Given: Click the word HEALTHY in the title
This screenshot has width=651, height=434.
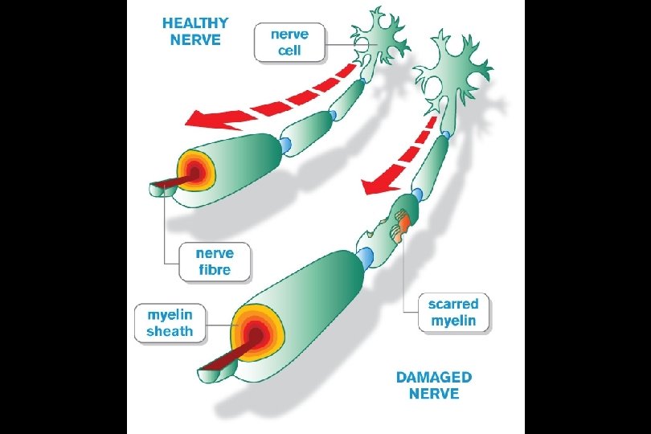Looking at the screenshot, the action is click(195, 23).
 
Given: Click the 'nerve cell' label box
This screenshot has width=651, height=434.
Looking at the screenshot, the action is click(289, 43).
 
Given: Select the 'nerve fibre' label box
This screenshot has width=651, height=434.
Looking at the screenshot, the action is click(214, 262).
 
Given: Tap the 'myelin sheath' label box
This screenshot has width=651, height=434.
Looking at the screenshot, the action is click(170, 322).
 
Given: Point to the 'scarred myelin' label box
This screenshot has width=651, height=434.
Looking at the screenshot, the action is click(453, 313).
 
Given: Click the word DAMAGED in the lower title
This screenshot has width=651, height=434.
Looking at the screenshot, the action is click(434, 377).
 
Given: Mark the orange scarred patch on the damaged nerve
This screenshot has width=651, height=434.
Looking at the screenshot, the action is click(405, 219).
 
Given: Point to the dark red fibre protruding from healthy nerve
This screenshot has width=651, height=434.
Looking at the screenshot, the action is click(165, 186).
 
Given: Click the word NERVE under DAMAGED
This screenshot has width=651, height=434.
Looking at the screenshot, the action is click(434, 394).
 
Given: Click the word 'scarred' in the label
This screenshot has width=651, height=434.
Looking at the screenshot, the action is click(453, 304).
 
